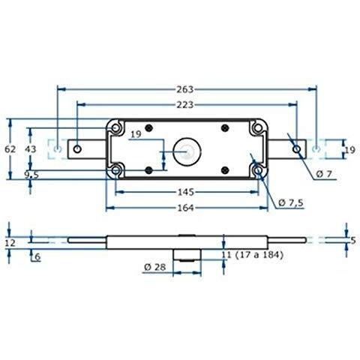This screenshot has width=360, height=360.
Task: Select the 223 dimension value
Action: coord(187,94)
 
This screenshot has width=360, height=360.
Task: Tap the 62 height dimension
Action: coord(9,149)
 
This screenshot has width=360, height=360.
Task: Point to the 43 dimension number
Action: coord(31,149)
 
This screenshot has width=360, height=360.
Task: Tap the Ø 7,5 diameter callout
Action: coord(292,202)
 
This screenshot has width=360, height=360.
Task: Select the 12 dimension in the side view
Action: coord(9,242)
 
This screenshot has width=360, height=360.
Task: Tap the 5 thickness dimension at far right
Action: coord(353,240)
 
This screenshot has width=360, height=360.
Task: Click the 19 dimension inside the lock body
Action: coord(136,135)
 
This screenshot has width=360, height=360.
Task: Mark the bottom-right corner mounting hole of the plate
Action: coord(259,172)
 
